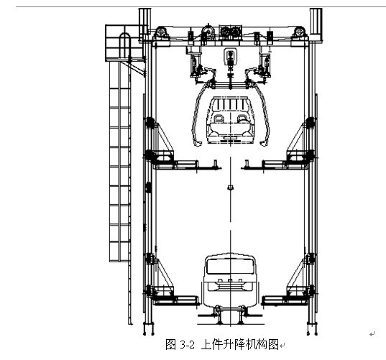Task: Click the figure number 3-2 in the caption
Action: coord(188,344)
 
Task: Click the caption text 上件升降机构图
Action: coord(240,344)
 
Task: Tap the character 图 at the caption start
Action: coord(170,344)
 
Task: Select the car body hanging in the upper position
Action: coord(230,120)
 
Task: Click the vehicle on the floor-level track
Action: coord(229,283)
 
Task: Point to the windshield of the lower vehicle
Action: coord(230,267)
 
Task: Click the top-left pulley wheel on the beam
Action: coord(161,32)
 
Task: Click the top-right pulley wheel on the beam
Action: coord(299,32)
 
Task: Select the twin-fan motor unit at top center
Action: coord(231,32)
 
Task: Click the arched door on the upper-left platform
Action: coord(124,45)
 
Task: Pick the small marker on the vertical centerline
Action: coord(231,188)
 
